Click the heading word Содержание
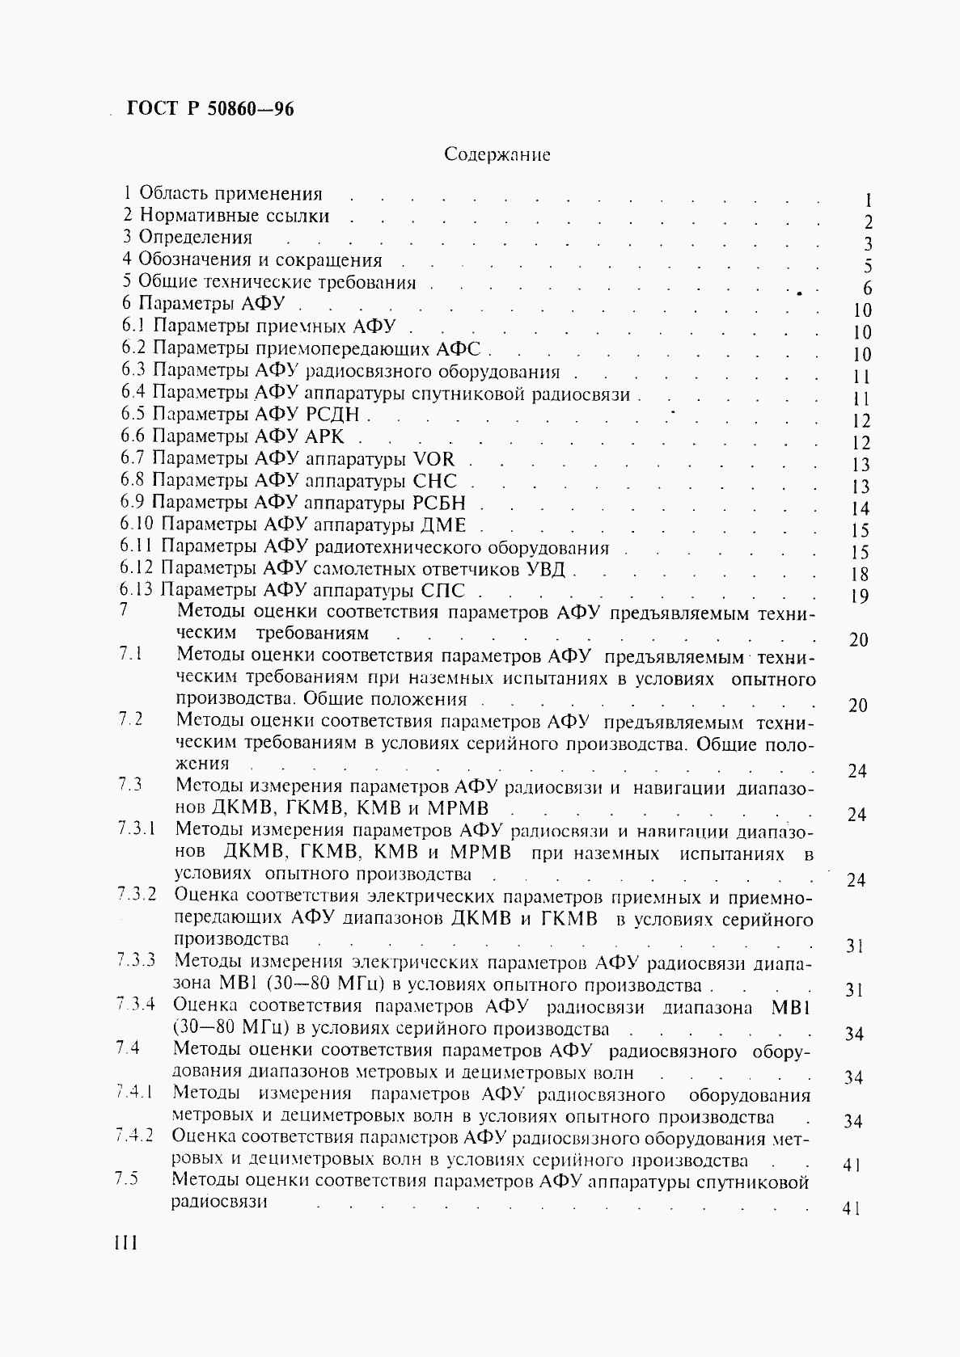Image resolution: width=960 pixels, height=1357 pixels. (x=497, y=154)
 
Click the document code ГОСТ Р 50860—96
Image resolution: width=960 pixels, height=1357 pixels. (x=209, y=108)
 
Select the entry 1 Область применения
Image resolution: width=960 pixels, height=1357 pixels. (x=222, y=194)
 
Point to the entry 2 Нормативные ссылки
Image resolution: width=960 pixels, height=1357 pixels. (x=226, y=216)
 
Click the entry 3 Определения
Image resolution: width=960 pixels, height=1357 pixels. (x=188, y=238)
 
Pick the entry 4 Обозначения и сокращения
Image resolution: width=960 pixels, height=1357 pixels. (x=252, y=260)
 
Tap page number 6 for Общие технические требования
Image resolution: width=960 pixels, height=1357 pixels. (x=867, y=289)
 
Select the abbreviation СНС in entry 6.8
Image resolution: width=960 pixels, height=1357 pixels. (x=434, y=481)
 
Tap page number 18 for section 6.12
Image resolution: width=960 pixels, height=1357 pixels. (x=860, y=574)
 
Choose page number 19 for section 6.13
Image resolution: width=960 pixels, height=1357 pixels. (x=860, y=596)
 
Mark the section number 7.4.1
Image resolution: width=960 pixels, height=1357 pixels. (x=134, y=1093)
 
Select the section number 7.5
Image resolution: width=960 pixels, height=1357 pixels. (x=127, y=1179)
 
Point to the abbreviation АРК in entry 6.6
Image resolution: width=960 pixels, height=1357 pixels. (x=323, y=437)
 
